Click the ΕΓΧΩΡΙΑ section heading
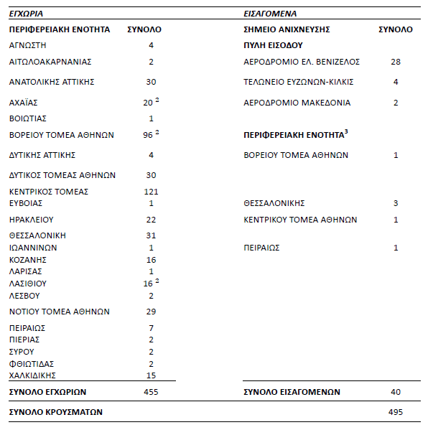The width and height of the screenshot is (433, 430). [x=27, y=14]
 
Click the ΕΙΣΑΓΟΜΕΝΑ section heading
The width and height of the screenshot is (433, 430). [x=270, y=14]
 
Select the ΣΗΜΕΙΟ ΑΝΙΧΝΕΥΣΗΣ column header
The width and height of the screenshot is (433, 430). [x=287, y=29]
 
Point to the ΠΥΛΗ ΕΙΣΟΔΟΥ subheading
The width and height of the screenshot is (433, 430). [x=273, y=45]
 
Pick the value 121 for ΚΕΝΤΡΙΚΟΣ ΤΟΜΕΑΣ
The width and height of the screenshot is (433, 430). [x=151, y=192]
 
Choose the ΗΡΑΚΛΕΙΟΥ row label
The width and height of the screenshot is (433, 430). [x=32, y=220]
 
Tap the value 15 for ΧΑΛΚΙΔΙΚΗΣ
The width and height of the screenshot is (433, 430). [x=151, y=375]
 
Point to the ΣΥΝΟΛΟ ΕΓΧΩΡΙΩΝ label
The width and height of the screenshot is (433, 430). [x=47, y=392]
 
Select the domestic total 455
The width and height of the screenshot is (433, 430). [x=151, y=392]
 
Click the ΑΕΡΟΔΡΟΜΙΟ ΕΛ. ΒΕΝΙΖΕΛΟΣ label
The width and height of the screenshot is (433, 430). [x=302, y=62]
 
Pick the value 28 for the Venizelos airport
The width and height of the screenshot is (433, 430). [x=396, y=62]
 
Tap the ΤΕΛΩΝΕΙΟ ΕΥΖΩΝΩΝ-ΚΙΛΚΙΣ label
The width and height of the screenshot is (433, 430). [x=298, y=82]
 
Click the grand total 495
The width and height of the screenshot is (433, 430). [x=396, y=412]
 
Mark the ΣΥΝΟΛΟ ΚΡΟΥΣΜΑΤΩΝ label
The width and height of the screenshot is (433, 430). [x=55, y=412]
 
